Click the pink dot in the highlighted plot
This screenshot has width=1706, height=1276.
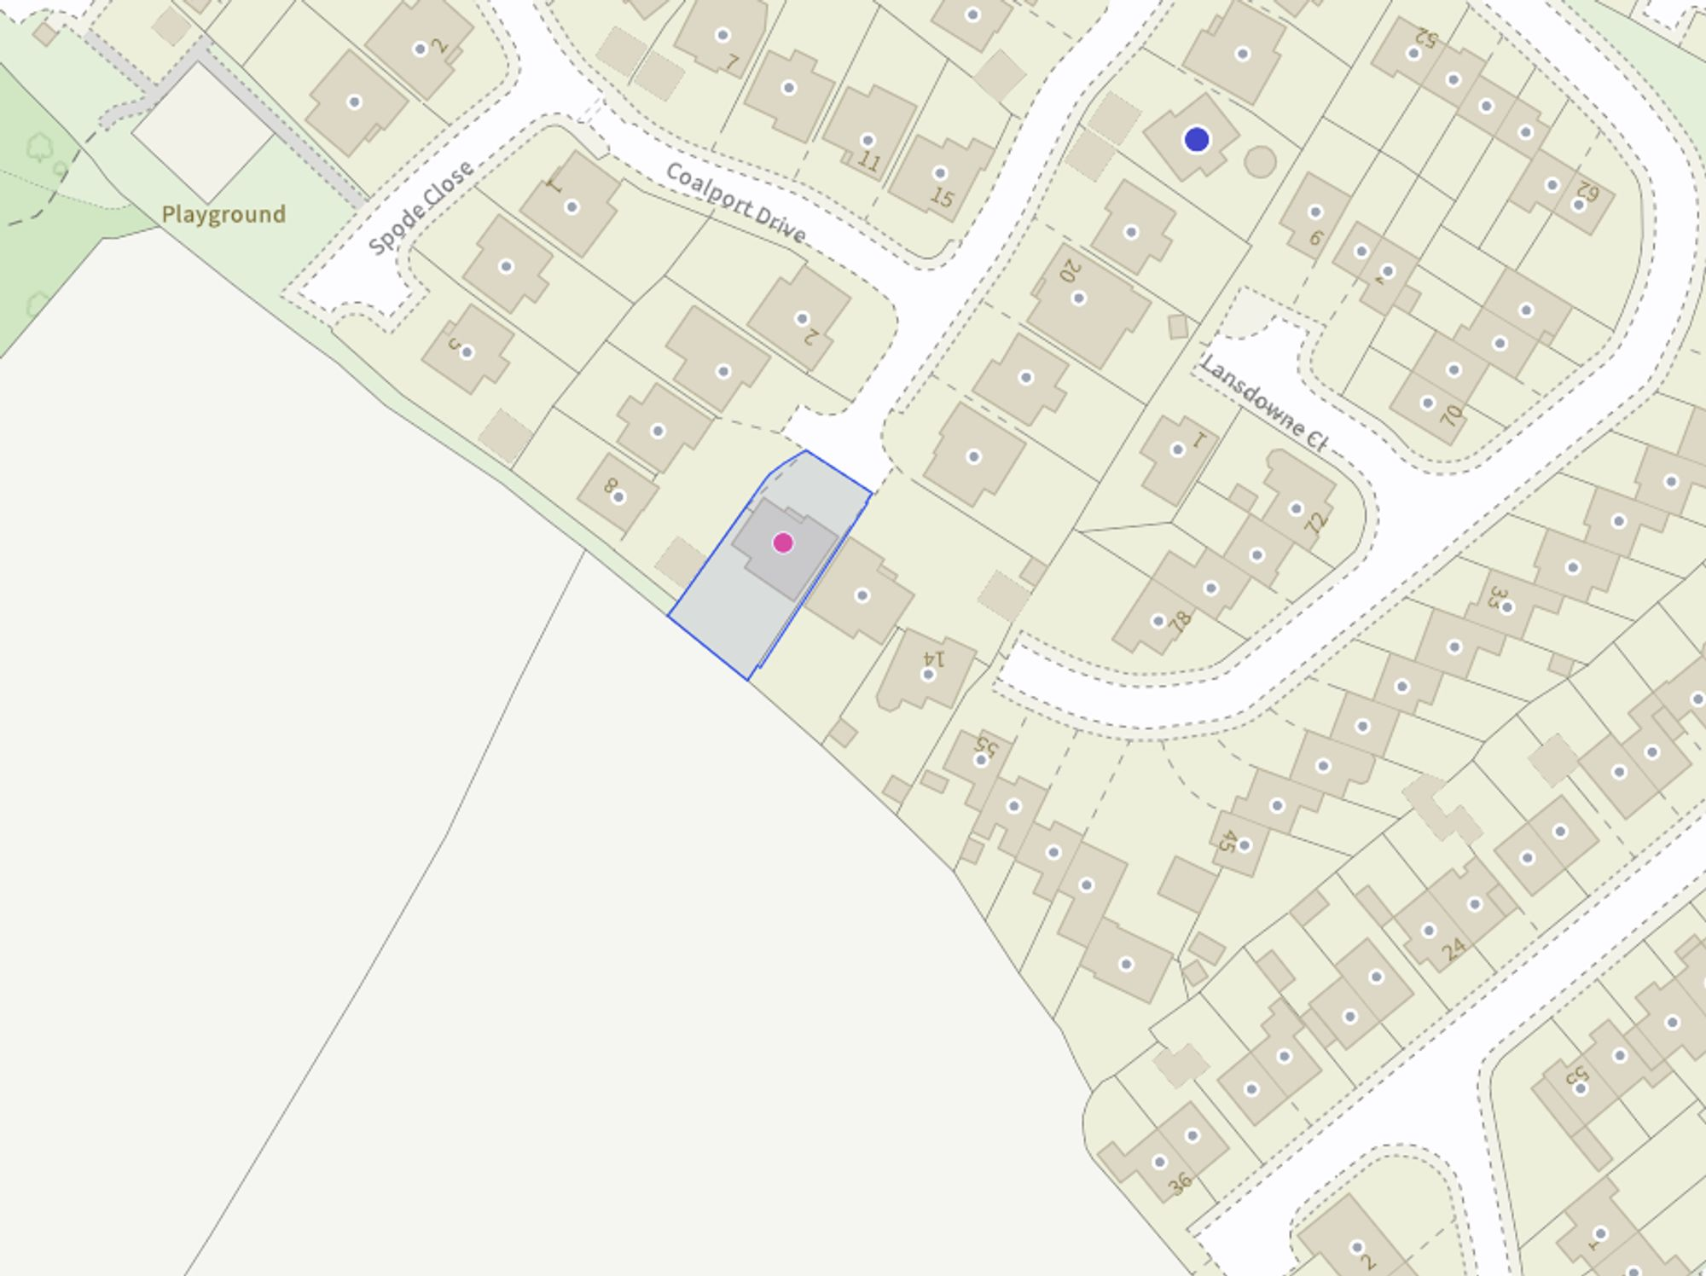[782, 542]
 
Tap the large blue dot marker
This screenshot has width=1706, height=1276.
[1196, 139]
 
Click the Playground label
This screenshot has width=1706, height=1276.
[223, 214]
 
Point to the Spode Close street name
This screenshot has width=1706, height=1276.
[421, 207]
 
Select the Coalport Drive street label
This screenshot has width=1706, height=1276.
[735, 203]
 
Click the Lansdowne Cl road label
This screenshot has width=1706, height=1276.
[1263, 403]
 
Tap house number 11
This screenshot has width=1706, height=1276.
[868, 161]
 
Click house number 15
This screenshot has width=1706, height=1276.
[942, 197]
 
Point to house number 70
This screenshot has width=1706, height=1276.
[1450, 415]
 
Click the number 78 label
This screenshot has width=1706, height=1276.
[1180, 621]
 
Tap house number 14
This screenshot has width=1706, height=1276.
[936, 658]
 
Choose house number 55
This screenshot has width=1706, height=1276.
[986, 745]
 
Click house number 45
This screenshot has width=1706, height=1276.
[1225, 841]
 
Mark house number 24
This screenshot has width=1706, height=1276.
[1454, 948]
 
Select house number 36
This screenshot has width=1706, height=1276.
[1180, 1183]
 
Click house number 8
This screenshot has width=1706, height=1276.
[610, 486]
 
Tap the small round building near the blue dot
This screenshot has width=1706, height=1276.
[1260, 161]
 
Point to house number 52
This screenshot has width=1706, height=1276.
[1425, 38]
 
